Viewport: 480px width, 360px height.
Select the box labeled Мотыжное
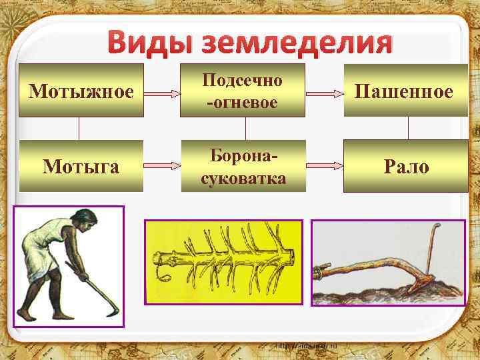81,91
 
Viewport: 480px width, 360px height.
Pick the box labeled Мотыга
81,166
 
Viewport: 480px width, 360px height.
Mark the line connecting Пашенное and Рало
407,129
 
